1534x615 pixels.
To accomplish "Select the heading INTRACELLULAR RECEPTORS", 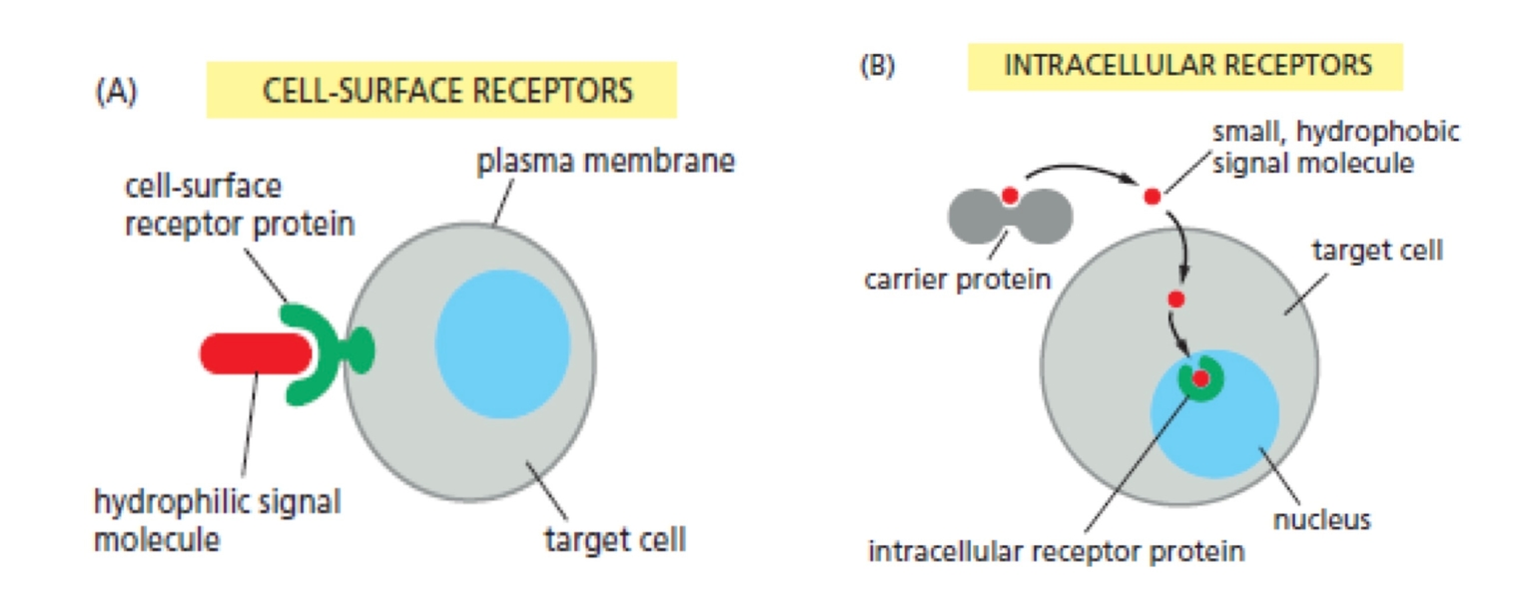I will point(1186,66).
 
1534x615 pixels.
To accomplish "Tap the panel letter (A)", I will point(116,91).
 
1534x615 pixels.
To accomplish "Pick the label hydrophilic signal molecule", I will point(216,519).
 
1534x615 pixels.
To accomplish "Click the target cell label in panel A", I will point(614,541).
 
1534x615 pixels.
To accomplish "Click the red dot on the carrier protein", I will point(1010,196).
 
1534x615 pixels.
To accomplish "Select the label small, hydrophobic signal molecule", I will point(1334,147).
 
